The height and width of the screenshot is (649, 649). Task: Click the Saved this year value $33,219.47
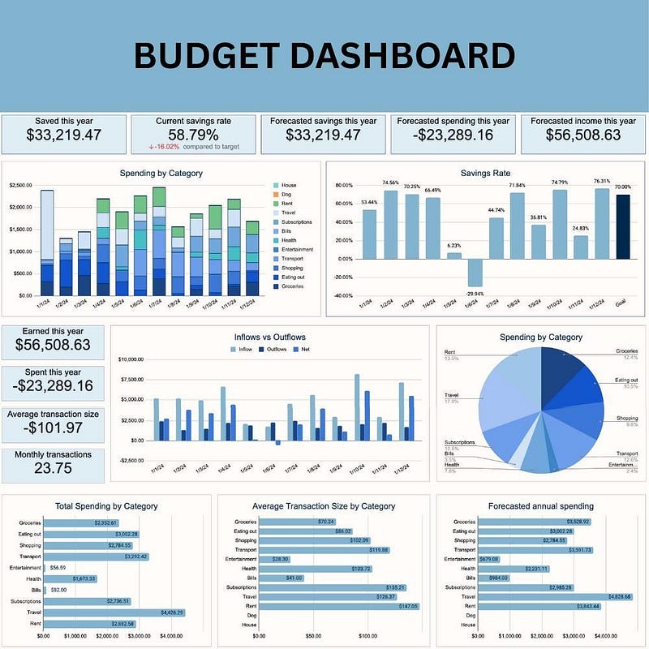pos(63,135)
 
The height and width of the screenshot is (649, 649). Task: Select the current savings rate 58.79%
pos(193,135)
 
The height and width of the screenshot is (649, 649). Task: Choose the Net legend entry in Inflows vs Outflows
pos(303,348)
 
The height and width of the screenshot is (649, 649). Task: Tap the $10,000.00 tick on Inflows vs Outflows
pos(131,359)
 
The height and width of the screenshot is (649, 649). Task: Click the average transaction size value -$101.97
pos(53,427)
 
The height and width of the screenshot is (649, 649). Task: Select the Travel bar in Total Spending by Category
pos(114,612)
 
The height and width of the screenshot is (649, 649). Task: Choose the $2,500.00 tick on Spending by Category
pos(20,186)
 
